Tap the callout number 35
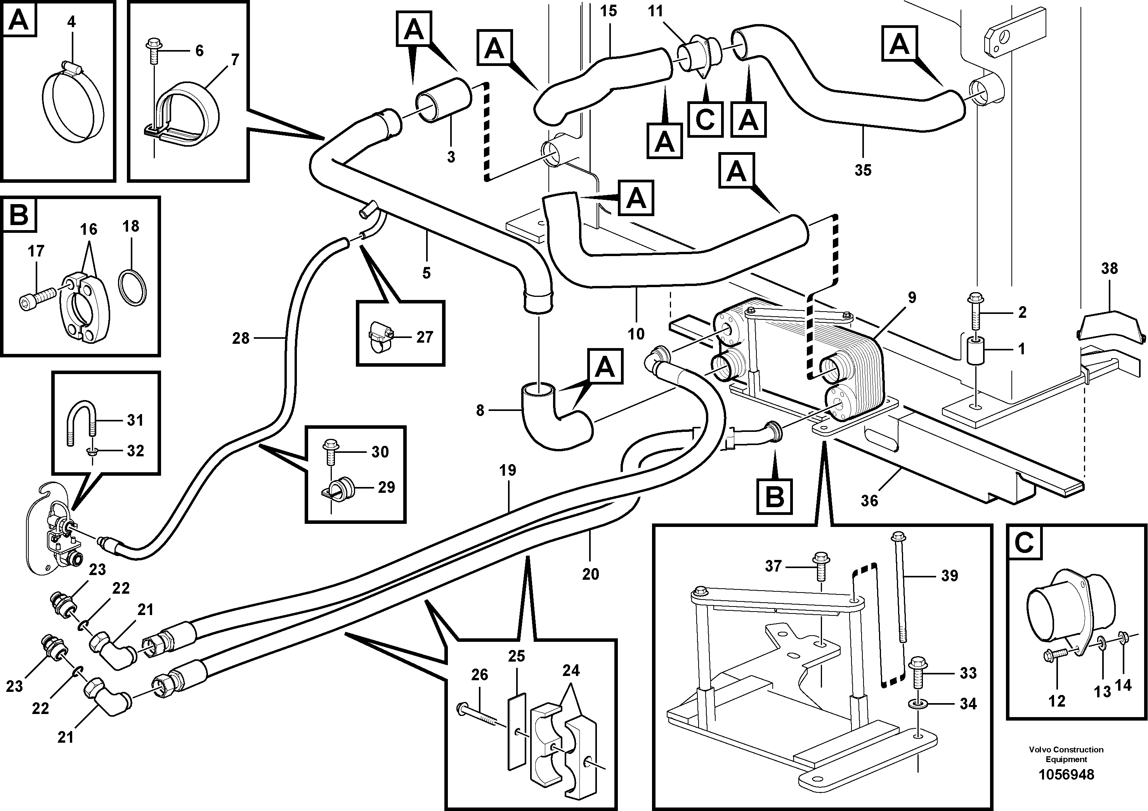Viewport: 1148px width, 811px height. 863,170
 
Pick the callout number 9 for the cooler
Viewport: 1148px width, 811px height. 912,298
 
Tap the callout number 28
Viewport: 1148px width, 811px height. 241,338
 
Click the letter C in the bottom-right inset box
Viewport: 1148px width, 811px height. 1024,543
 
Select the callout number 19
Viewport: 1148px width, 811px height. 508,471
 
